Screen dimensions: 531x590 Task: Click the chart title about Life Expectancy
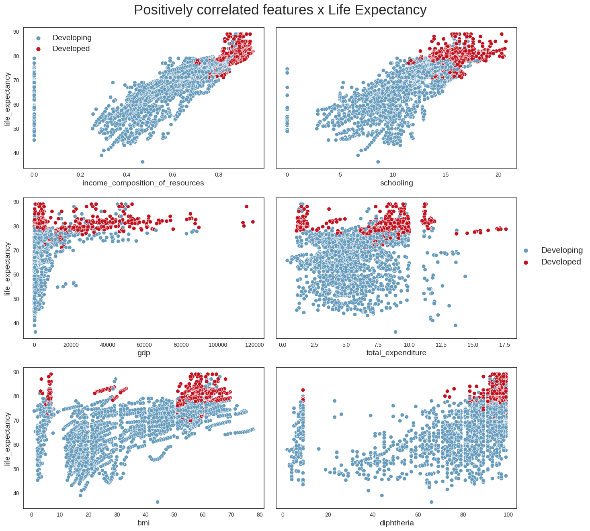[280, 10]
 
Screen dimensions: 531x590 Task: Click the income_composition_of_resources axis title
[143, 183]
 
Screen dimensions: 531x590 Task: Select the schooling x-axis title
[396, 183]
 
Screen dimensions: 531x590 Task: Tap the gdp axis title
[143, 353]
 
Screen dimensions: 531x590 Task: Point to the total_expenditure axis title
[396, 353]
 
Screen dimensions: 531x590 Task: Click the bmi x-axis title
[143, 523]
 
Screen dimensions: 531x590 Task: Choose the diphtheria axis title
[396, 523]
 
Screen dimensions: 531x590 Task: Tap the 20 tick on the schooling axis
[498, 175]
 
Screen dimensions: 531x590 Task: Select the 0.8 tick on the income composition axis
[219, 175]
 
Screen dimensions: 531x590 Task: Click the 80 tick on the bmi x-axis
[260, 515]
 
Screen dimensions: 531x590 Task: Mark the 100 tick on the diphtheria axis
[508, 515]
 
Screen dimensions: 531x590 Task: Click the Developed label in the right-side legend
[561, 262]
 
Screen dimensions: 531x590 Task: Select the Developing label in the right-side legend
[562, 250]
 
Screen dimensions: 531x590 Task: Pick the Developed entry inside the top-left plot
[71, 49]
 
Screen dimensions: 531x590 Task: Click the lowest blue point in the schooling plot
[378, 162]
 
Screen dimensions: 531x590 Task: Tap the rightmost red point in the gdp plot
[253, 222]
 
